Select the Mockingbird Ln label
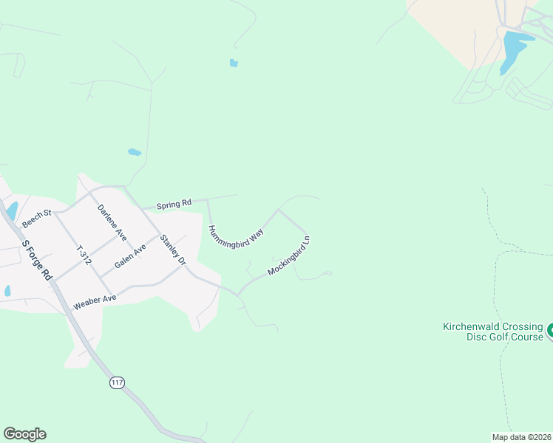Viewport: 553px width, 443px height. (289, 255)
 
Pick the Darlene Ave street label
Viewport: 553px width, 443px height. (112, 221)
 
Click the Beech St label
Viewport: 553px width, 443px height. (35, 218)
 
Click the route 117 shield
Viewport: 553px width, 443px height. (116, 382)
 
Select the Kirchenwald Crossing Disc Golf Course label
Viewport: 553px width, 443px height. (492, 332)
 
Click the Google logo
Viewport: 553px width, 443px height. (24, 434)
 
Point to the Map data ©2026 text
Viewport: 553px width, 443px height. (520, 436)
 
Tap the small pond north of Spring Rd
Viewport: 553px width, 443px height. (135, 152)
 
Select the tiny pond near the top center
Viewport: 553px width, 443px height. (234, 63)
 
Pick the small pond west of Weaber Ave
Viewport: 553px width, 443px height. (7, 291)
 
